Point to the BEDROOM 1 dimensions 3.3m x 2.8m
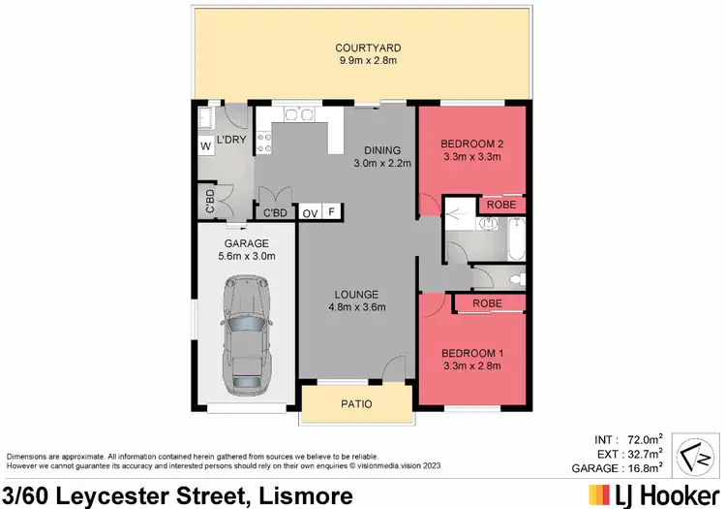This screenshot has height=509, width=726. (x=470, y=366)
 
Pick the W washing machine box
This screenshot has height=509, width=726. (x=205, y=145)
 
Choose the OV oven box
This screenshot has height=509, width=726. (x=310, y=212)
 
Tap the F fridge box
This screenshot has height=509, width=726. (x=332, y=212)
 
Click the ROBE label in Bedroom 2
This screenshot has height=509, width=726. (x=499, y=206)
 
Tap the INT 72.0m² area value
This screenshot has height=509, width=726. (x=643, y=439)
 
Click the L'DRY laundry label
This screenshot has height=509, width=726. (x=229, y=141)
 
